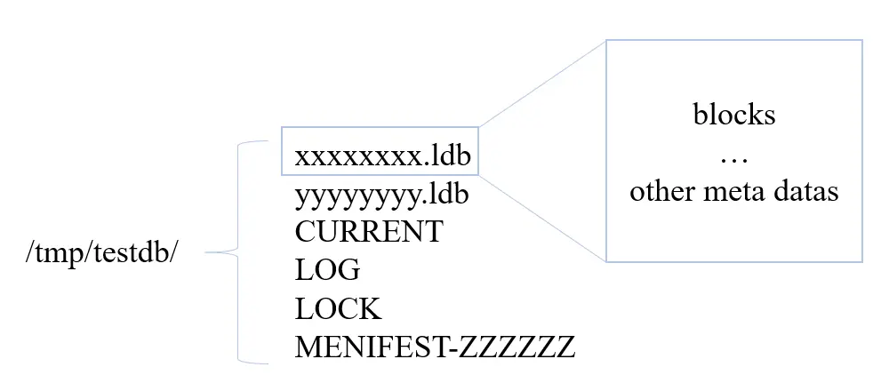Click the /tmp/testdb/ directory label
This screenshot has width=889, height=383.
click(x=102, y=252)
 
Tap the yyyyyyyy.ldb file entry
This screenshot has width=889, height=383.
click(x=382, y=194)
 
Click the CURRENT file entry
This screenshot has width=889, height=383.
click(x=368, y=232)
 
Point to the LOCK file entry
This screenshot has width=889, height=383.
click(x=338, y=308)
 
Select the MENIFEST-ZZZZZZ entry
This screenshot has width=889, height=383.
click(x=435, y=347)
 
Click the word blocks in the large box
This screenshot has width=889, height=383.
click(x=733, y=115)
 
